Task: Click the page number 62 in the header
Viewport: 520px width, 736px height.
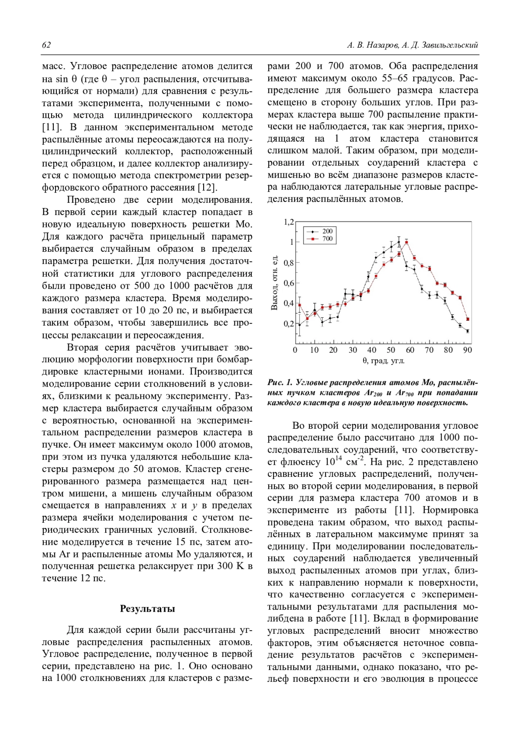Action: pos(46,45)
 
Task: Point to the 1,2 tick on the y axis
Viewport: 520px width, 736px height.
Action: pos(289,222)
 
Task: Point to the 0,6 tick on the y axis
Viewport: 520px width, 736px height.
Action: pos(289,283)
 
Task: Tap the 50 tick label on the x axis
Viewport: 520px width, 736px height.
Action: pos(391,350)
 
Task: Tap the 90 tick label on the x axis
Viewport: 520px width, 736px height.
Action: pos(468,350)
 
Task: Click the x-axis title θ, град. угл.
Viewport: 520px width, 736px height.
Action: pos(383,361)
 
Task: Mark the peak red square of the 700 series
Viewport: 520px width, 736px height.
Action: pos(406,242)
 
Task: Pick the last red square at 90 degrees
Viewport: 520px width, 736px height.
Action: pos(468,319)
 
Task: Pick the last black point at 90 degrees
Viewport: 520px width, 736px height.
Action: pos(468,331)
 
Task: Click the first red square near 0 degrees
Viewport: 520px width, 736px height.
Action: pos(299,305)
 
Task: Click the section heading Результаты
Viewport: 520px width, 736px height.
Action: pos(147,609)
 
